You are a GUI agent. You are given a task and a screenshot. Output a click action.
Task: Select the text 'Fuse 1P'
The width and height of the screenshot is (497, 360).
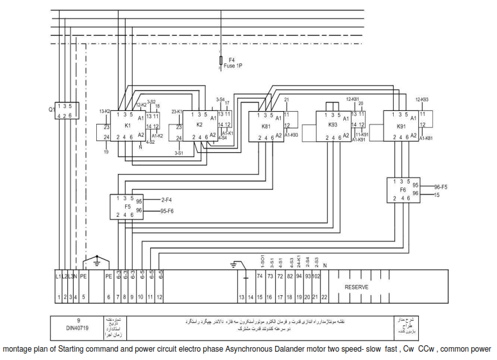(x=233, y=65)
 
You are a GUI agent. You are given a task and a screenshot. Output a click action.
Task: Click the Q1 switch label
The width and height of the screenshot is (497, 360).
(x=51, y=110)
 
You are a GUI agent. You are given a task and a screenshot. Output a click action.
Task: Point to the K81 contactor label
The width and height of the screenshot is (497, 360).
(x=266, y=126)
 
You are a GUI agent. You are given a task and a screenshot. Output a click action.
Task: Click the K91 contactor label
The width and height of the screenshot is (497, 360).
(x=400, y=126)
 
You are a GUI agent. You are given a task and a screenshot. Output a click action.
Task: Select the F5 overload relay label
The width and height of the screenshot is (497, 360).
(x=128, y=207)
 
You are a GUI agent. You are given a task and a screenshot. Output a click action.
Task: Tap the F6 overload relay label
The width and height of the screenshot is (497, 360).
(x=403, y=190)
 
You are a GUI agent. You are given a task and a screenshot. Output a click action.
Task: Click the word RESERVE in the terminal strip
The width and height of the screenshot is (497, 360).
(x=357, y=287)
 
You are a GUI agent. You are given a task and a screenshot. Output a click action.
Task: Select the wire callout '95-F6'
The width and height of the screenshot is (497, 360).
(x=168, y=210)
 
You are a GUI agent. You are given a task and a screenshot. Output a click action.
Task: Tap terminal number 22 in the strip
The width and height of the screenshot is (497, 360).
(x=325, y=297)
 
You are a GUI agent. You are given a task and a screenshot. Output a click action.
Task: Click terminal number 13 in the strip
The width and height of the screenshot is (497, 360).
(x=242, y=297)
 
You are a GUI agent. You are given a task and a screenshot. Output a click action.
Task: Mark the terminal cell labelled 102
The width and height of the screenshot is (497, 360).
(x=316, y=276)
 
